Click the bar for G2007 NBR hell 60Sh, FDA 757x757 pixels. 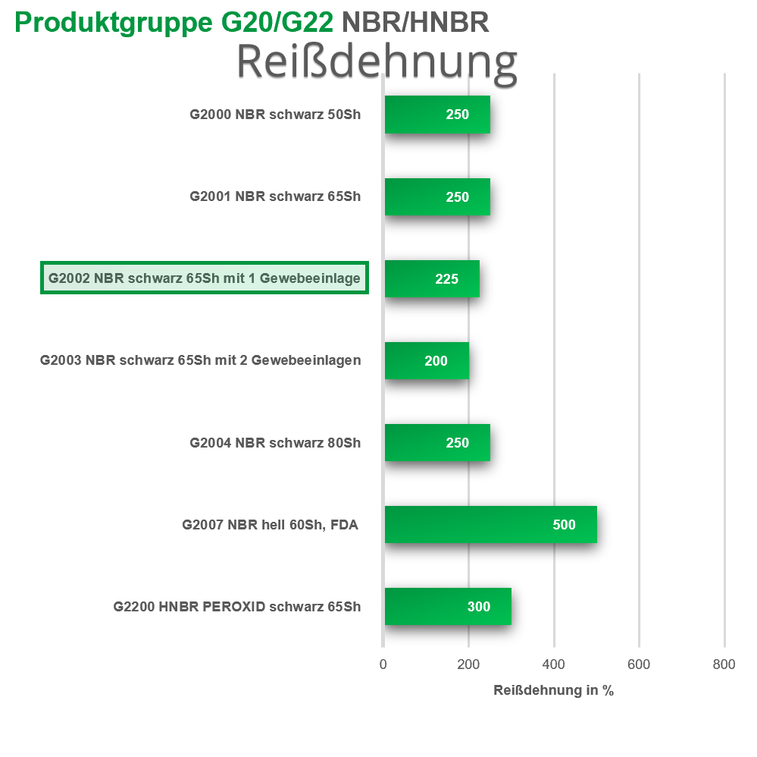pyautogui.click(x=490, y=524)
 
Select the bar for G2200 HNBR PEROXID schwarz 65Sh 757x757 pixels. pyautogui.click(x=448, y=606)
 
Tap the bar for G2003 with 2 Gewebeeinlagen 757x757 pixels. pyautogui.click(x=427, y=360)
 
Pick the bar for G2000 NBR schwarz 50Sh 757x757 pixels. pyautogui.click(x=437, y=115)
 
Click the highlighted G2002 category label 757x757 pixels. pyautogui.click(x=205, y=278)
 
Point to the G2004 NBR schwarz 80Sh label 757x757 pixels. pyautogui.click(x=275, y=443)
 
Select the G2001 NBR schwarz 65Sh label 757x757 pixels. pyautogui.click(x=275, y=196)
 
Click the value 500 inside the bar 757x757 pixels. pyautogui.click(x=564, y=524)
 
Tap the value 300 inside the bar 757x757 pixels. pyautogui.click(x=479, y=606)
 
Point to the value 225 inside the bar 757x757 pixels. pyautogui.click(x=446, y=279)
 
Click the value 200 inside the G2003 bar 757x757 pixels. pyautogui.click(x=436, y=360)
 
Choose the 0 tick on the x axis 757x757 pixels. pyautogui.click(x=383, y=664)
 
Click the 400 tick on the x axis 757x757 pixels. pyautogui.click(x=553, y=664)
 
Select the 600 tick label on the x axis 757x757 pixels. pyautogui.click(x=639, y=664)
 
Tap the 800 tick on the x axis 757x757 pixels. pyautogui.click(x=724, y=664)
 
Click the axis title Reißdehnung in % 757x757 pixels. pyautogui.click(x=553, y=690)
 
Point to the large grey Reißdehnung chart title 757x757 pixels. pyautogui.click(x=377, y=63)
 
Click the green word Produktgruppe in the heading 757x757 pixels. pyautogui.click(x=114, y=24)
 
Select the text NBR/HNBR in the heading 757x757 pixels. pyautogui.click(x=415, y=22)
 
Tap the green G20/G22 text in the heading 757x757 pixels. pyautogui.click(x=277, y=22)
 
